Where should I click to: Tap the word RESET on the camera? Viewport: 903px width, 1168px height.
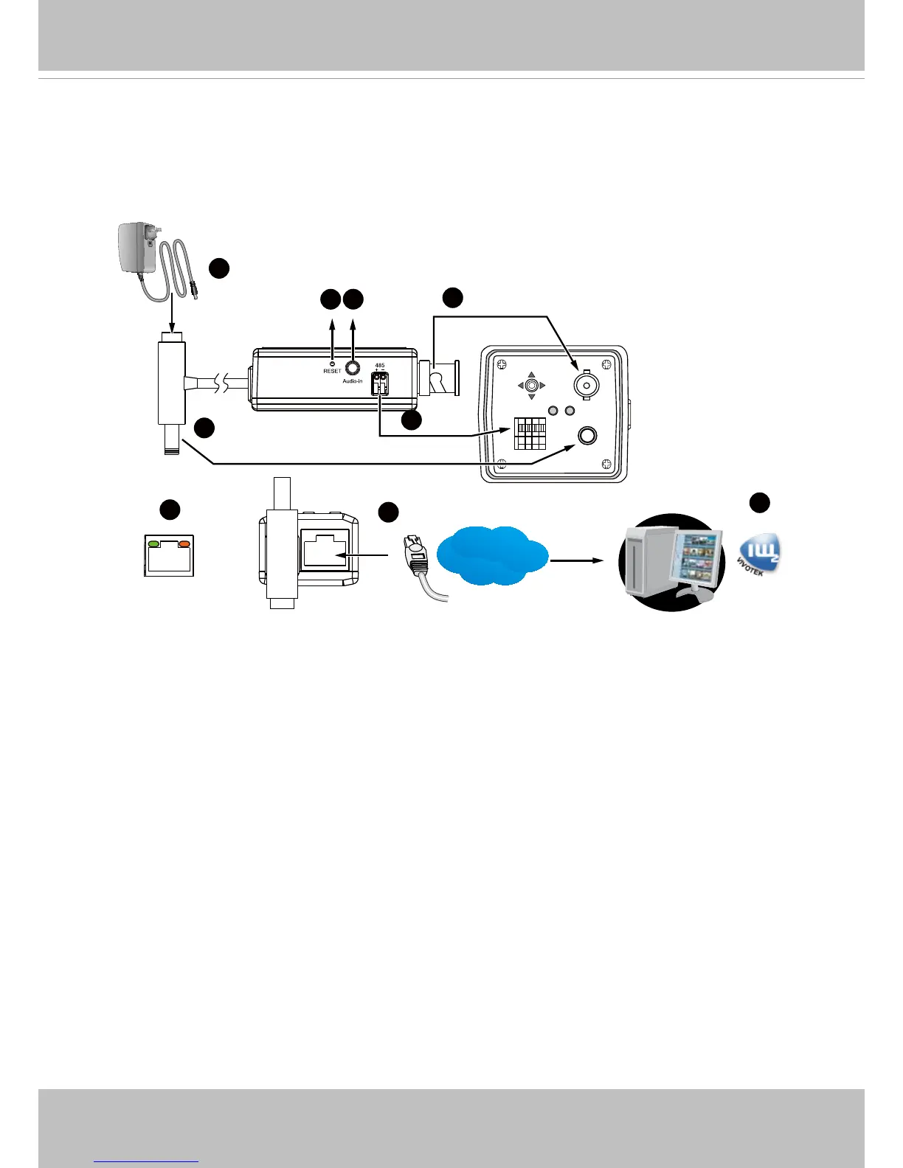[x=332, y=372]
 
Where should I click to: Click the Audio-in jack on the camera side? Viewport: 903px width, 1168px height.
[x=353, y=367]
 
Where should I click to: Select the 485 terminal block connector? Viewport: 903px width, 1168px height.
[x=381, y=383]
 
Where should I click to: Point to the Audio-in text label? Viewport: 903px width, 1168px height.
[x=353, y=381]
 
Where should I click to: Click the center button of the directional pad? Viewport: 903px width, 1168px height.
[x=531, y=385]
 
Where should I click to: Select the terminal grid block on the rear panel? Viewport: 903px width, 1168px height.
[x=530, y=434]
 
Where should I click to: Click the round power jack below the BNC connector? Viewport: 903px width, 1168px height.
[x=587, y=436]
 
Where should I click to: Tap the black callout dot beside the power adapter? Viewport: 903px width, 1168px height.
[x=218, y=268]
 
